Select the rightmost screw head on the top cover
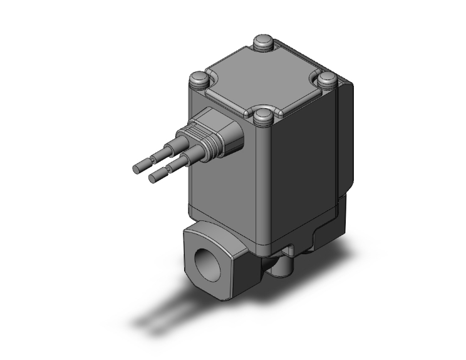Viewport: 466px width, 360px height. point(328,80)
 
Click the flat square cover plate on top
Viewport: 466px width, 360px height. point(263,80)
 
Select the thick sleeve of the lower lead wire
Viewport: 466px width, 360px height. point(179,164)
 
